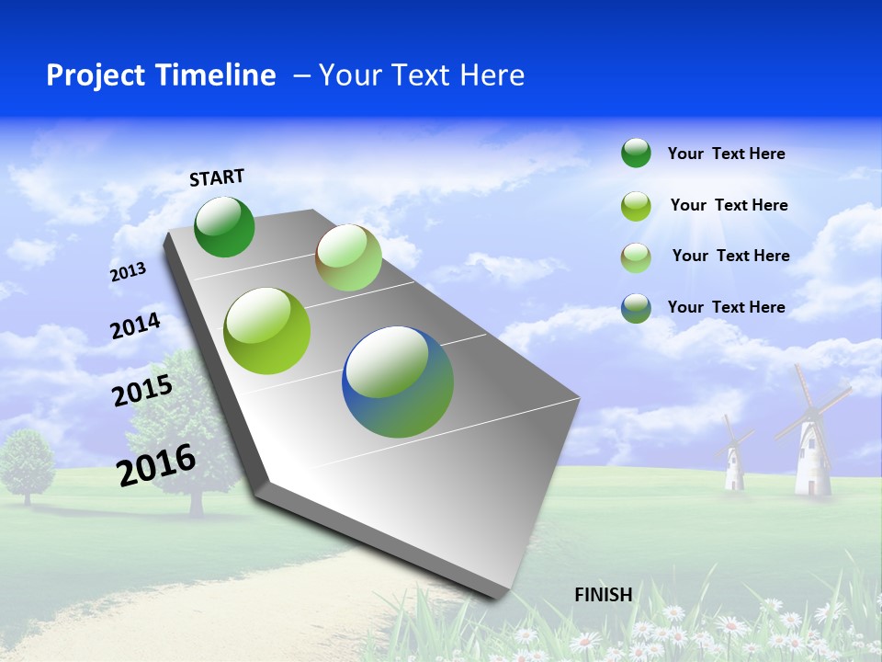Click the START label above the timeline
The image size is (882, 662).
[217, 177]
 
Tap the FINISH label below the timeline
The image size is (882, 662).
[603, 594]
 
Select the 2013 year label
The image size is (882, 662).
[128, 272]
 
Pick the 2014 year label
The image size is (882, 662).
[135, 326]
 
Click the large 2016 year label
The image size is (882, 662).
[156, 465]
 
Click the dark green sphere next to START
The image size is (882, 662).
[224, 227]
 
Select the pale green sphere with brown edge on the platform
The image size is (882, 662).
[348, 258]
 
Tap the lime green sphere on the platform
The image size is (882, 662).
[267, 331]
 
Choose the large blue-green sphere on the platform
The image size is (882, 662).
[398, 382]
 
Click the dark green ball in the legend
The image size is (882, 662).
[636, 154]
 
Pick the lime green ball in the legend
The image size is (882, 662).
[636, 206]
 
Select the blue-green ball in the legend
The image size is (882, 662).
[636, 308]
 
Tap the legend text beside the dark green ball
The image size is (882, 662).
[726, 154]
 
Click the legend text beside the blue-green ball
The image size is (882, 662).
[726, 307]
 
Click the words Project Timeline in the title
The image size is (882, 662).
[161, 75]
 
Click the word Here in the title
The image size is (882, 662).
[492, 75]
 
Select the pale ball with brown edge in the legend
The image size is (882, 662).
[636, 257]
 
